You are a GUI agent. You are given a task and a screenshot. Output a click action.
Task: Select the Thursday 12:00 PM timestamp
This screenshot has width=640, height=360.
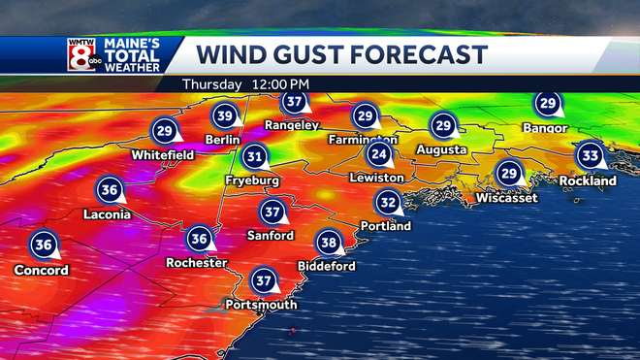245,84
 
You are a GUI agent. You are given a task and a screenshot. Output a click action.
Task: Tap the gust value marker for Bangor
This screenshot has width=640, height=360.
548,104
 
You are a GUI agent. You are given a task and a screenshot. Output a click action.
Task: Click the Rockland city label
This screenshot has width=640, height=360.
588,180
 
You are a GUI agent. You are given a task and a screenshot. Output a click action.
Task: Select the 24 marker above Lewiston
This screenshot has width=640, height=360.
379,154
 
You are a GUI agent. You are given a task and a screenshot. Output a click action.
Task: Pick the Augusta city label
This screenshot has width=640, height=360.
441,149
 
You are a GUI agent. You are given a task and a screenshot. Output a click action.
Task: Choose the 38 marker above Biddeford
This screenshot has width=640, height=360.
329,242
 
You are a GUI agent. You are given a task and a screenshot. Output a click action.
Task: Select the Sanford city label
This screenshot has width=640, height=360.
271,236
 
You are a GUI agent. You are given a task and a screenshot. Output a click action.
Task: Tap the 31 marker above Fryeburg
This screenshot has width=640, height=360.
255,156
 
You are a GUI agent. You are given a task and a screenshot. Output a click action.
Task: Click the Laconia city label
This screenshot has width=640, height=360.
106,214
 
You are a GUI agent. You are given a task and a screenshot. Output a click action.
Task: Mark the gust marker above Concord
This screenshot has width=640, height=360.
43,245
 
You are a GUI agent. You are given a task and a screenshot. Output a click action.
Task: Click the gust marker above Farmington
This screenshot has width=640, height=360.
365,115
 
